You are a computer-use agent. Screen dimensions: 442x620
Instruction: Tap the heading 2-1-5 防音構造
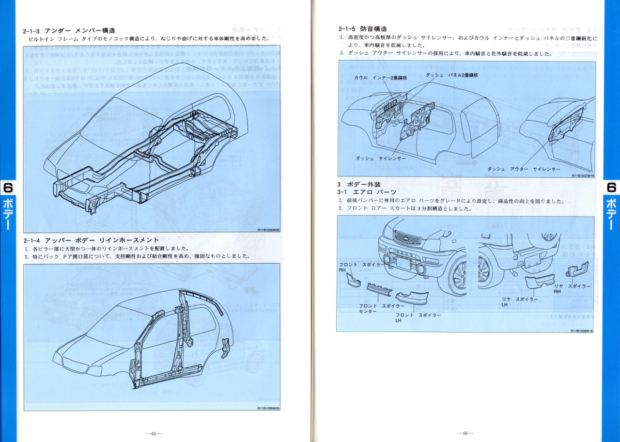click(363, 29)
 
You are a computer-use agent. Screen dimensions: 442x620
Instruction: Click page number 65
click(154, 433)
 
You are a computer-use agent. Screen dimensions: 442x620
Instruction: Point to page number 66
click(465, 433)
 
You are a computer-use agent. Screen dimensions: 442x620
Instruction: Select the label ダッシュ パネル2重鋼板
click(452, 75)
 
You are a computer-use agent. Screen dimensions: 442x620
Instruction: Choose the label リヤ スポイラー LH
click(521, 302)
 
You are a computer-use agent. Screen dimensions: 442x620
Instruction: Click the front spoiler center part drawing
click(379, 289)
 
